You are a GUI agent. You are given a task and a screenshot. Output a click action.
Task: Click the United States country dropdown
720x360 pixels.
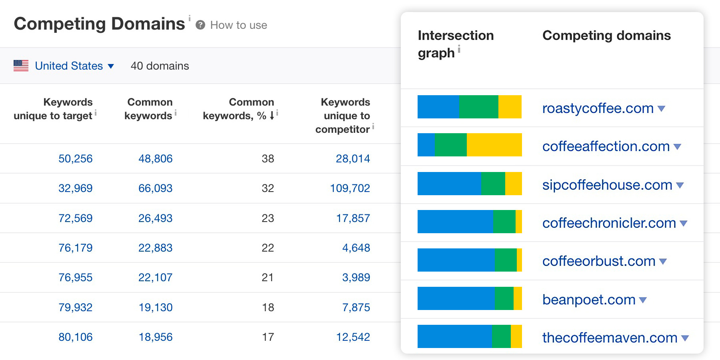click(74, 66)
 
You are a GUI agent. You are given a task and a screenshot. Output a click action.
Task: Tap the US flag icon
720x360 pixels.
click(21, 66)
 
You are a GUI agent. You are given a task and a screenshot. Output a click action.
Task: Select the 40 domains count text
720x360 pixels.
click(160, 66)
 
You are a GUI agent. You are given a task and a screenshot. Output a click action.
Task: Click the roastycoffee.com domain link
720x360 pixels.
click(598, 108)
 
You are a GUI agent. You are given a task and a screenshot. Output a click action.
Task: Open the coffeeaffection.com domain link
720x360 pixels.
click(606, 146)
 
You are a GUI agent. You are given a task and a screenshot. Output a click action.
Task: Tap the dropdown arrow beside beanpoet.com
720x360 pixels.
click(643, 300)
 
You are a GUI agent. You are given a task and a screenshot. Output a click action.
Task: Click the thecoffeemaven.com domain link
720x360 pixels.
click(610, 338)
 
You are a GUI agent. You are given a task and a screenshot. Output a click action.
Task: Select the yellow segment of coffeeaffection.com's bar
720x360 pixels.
click(494, 145)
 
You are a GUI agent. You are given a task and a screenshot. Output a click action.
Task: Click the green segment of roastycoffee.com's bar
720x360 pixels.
click(478, 107)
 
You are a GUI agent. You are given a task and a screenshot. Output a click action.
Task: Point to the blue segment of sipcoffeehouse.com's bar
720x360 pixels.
click(449, 184)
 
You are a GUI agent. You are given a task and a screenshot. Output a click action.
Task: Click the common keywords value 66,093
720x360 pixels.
click(155, 188)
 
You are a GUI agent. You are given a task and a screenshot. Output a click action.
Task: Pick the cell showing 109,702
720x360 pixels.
click(350, 188)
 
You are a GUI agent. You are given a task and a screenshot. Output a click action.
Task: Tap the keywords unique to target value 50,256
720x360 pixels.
click(75, 159)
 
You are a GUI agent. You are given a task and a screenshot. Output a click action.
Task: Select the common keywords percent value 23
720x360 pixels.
click(268, 218)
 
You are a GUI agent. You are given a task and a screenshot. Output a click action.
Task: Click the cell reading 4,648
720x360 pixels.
click(356, 248)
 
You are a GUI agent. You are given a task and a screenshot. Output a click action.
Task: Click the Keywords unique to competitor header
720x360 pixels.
click(344, 116)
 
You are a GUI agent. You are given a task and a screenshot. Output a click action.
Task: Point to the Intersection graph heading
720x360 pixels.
click(455, 44)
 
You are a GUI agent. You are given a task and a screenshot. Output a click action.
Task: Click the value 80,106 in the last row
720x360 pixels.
click(75, 337)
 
